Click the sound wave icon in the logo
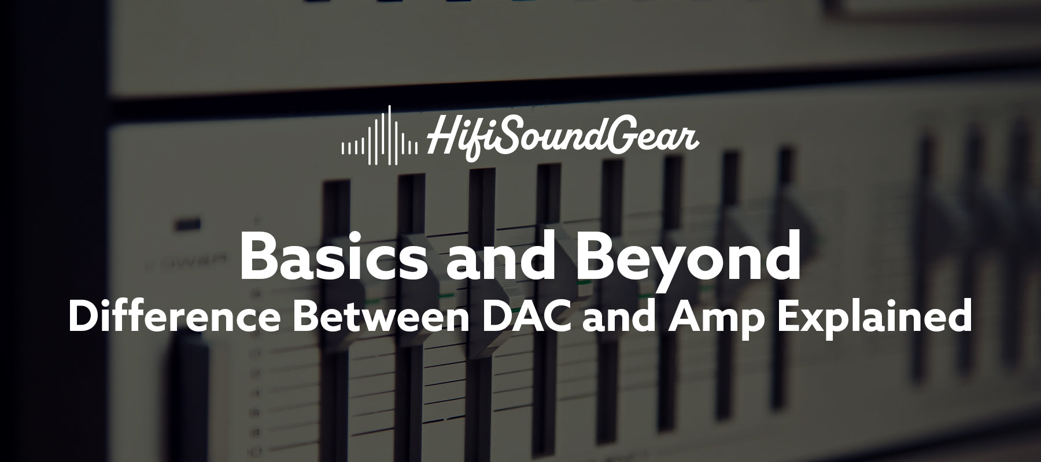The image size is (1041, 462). pyautogui.click(x=379, y=136)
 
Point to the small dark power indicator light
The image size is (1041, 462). pyautogui.click(x=189, y=223)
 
